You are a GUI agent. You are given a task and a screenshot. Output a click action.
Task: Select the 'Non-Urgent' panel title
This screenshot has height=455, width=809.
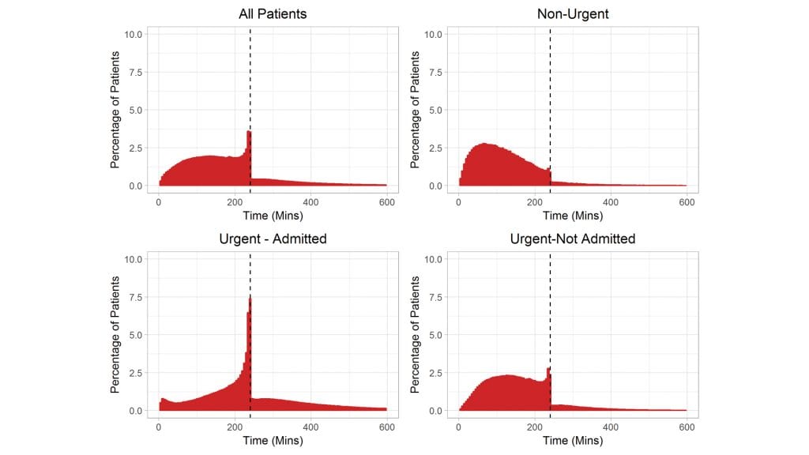[x=572, y=14]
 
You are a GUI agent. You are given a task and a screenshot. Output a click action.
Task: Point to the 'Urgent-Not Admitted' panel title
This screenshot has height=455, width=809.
[x=572, y=239]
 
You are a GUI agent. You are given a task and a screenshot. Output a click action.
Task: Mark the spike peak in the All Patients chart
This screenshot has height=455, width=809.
[x=249, y=133]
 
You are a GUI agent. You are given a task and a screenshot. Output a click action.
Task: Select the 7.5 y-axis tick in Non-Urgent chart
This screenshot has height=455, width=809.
[x=435, y=72]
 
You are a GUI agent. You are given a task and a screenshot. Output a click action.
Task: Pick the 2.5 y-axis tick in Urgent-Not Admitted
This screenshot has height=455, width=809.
[x=435, y=373]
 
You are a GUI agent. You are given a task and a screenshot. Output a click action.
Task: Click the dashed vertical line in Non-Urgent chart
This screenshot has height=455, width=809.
[x=550, y=95]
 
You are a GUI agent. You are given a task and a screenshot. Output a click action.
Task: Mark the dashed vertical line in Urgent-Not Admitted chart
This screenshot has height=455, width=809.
[x=550, y=316]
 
